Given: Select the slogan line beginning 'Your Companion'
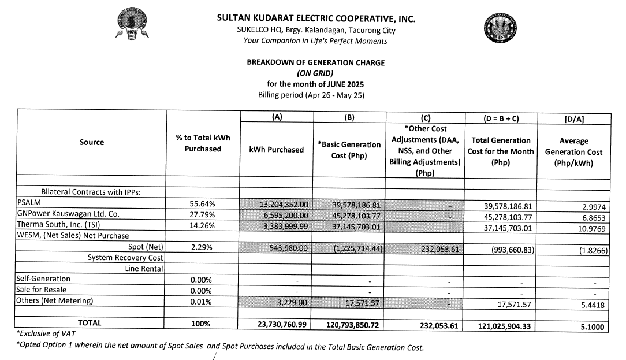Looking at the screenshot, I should point(315,40).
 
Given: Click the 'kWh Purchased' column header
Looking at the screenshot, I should point(276,150).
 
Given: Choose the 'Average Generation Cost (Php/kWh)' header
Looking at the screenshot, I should point(573,152).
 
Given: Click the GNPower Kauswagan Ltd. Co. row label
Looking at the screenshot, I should point(68,214).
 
